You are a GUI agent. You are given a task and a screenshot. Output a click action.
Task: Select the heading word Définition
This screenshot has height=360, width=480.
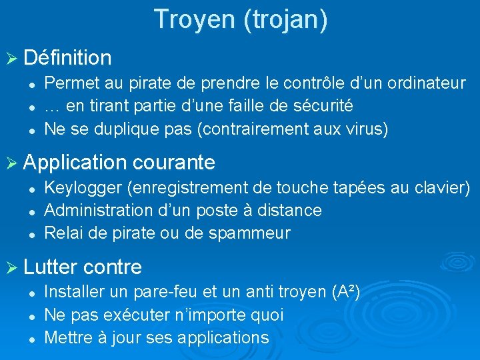67,58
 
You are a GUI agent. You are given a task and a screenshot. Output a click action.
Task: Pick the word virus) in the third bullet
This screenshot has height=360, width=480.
365,129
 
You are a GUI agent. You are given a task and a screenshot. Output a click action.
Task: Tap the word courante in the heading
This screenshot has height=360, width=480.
174,162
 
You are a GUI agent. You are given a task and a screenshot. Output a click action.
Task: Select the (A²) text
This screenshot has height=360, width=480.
345,292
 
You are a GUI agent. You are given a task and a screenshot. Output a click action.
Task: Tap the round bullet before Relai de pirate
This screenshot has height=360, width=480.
31,234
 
